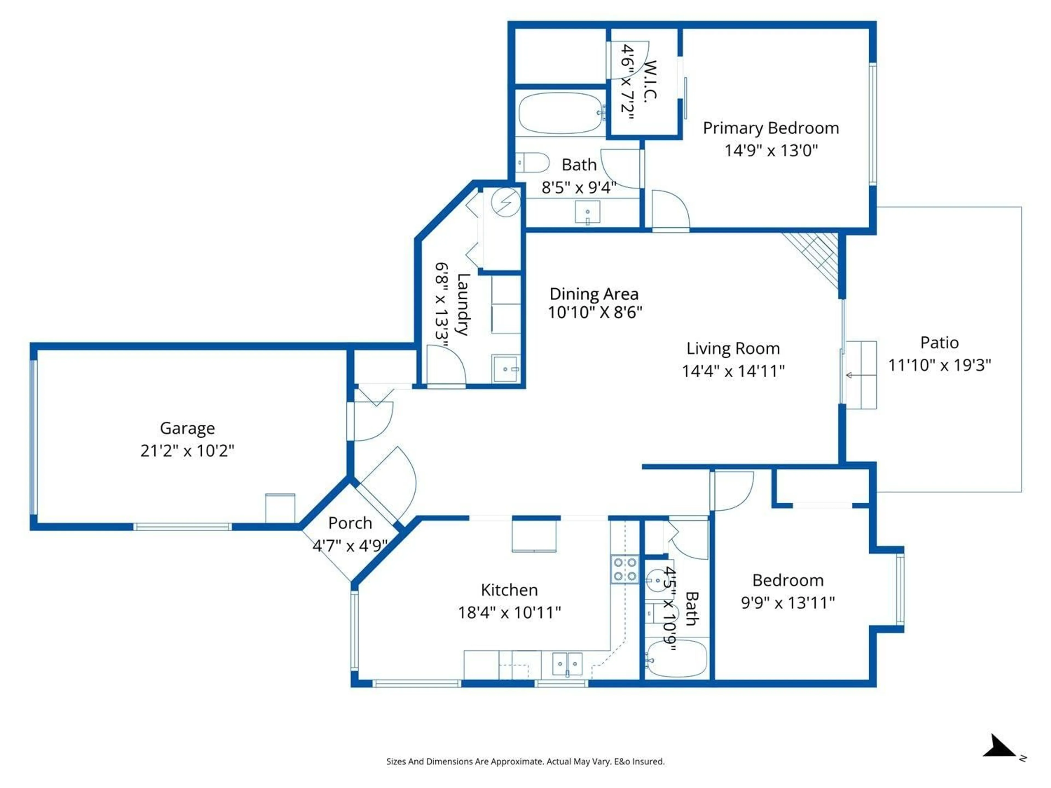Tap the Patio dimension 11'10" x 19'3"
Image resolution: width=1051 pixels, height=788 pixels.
[939, 365]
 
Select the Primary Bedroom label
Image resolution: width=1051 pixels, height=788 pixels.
[771, 128]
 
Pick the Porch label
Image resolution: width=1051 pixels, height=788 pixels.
[350, 523]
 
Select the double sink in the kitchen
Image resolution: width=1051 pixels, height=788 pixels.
[567, 664]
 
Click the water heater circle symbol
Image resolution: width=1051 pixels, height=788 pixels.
[506, 203]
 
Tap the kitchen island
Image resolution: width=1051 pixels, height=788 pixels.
[534, 535]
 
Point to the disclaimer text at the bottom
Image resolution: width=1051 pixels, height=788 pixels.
[525, 761]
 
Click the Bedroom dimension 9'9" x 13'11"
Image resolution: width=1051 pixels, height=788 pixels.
[787, 603]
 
